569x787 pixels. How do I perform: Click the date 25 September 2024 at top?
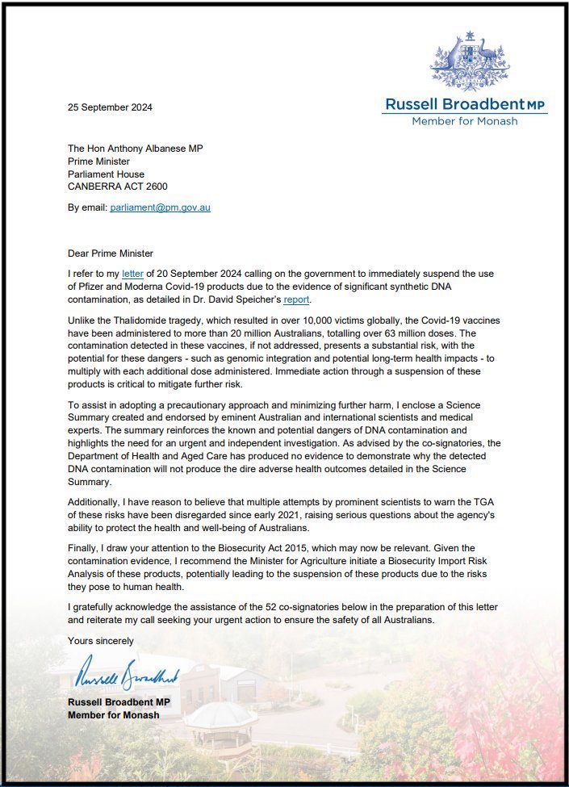[x=110, y=107]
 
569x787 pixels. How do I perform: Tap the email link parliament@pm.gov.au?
[x=160, y=207]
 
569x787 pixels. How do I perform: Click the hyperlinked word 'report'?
[x=296, y=300]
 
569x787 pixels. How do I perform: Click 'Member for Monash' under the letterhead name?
[x=464, y=121]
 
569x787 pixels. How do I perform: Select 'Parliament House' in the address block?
[x=107, y=174]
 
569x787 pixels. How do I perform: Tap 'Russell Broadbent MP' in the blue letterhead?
[x=464, y=104]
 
